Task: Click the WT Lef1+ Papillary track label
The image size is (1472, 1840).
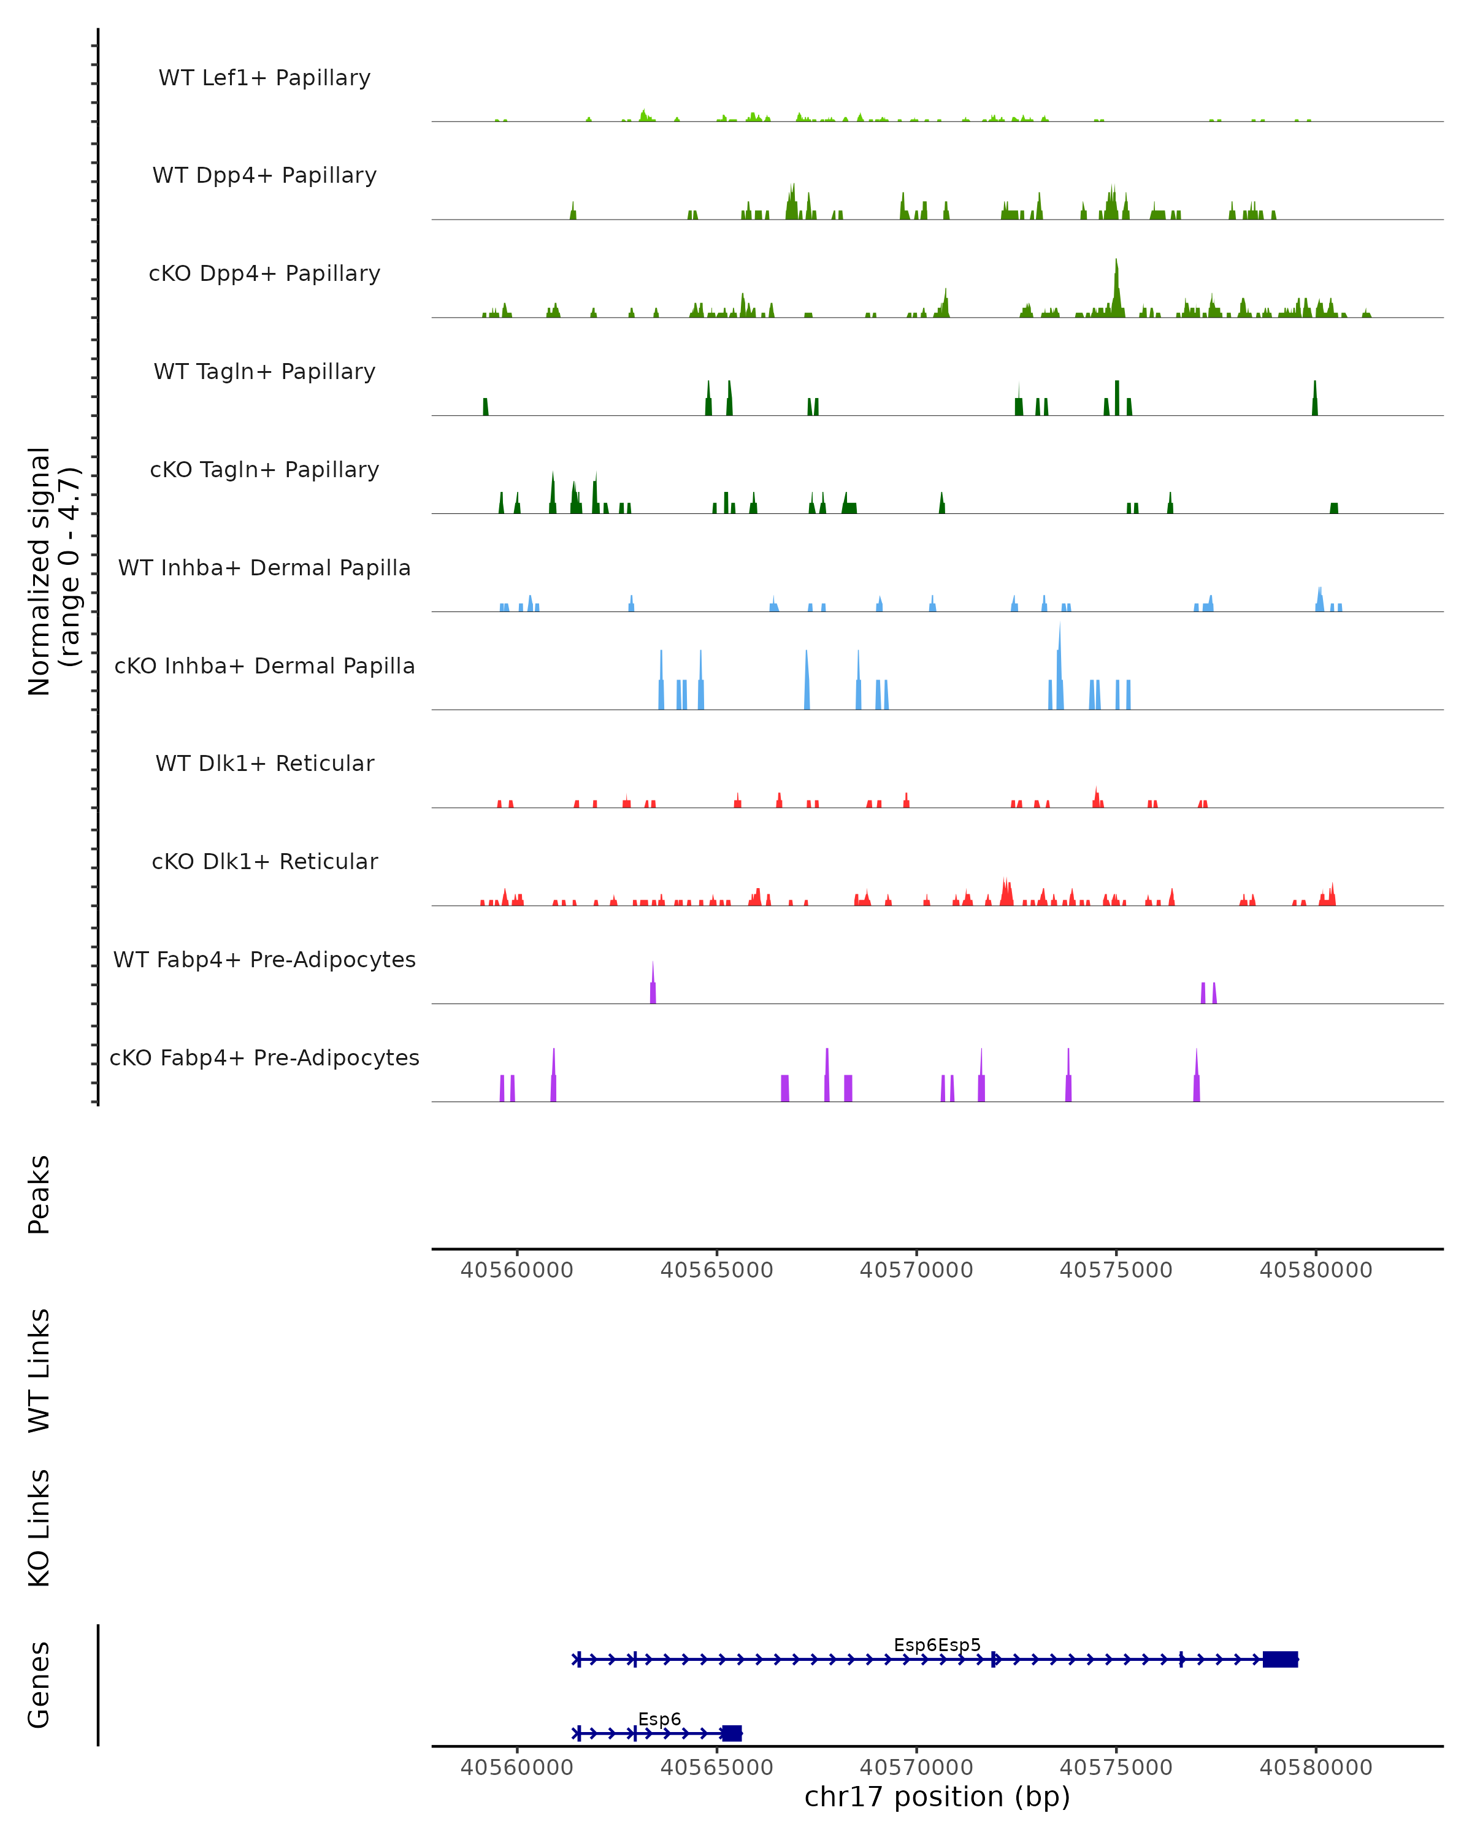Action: pyautogui.click(x=264, y=78)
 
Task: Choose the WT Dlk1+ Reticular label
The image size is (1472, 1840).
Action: pyautogui.click(x=264, y=763)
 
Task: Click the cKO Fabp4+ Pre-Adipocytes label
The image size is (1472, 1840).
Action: pyautogui.click(x=264, y=1057)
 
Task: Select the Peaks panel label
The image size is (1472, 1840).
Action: pyautogui.click(x=39, y=1194)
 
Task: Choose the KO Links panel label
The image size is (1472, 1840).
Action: pyautogui.click(x=39, y=1528)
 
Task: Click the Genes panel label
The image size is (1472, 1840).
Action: pyautogui.click(x=39, y=1685)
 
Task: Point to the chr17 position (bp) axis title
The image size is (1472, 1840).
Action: pyautogui.click(x=937, y=1796)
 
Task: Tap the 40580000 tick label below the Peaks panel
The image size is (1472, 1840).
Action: pyautogui.click(x=1316, y=1270)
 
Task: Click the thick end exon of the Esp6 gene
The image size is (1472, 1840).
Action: pyautogui.click(x=731, y=1733)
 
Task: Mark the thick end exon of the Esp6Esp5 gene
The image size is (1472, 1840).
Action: pyautogui.click(x=1280, y=1659)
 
